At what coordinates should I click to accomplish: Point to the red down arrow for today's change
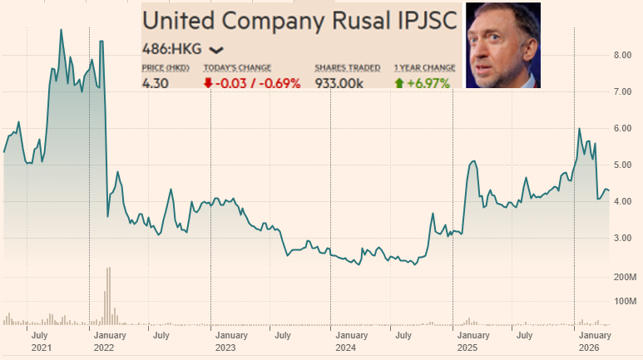[209, 83]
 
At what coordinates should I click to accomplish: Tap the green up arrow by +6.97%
[401, 83]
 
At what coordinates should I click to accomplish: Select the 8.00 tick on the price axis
[624, 55]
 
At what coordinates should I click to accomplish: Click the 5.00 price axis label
[624, 165]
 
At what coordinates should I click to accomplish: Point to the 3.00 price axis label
[624, 239]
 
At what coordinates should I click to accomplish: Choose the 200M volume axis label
[626, 276]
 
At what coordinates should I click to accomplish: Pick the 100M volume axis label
[626, 300]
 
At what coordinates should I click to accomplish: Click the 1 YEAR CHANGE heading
[425, 67]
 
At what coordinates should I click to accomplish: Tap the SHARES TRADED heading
[348, 67]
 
